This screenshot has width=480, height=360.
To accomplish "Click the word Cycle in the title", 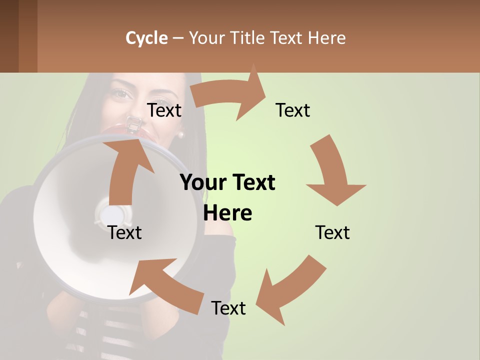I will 146,38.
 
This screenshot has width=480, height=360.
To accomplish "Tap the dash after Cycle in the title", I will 178,38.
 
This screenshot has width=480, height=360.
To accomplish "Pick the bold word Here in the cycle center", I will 227,213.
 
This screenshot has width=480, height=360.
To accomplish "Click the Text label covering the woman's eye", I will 164,110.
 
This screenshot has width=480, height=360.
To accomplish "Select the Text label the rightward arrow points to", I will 293,110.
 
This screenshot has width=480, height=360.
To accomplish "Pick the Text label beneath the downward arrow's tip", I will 332,232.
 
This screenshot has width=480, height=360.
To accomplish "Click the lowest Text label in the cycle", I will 228,308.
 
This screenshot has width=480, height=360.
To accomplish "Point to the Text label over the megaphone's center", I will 125,232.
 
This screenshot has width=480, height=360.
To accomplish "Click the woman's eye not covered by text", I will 121,93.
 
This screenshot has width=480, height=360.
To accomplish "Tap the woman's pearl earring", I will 180,134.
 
